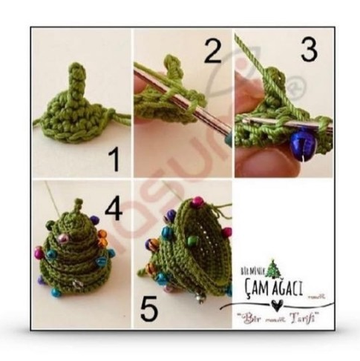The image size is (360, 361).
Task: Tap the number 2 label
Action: point(213,52)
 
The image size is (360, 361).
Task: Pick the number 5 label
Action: point(148,311)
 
